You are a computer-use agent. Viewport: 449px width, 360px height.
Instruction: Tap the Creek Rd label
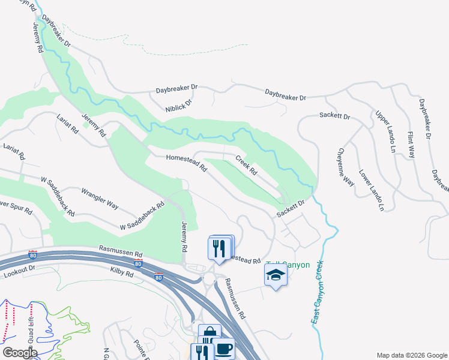click(x=246, y=166)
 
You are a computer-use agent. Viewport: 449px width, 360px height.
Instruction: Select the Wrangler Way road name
click(x=100, y=197)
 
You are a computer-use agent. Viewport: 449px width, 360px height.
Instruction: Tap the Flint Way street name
click(x=412, y=145)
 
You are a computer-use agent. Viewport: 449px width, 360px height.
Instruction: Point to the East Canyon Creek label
click(x=318, y=292)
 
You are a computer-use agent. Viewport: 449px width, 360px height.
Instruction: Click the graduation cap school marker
click(x=276, y=275)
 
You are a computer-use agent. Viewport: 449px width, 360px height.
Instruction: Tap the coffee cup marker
click(x=224, y=349)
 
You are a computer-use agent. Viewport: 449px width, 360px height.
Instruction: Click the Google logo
click(x=19, y=352)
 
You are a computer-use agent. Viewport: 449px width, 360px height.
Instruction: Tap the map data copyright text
click(x=411, y=355)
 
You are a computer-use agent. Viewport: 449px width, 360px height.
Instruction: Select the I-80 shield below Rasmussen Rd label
click(x=138, y=263)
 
